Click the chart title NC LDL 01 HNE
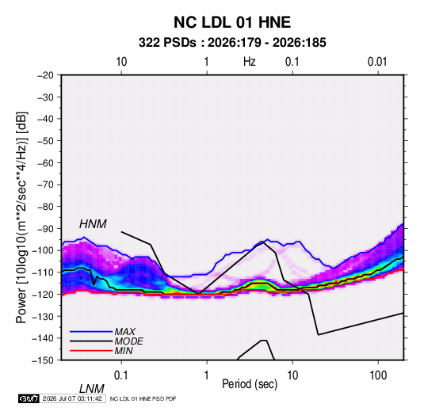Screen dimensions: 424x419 pyautogui.click(x=232, y=22)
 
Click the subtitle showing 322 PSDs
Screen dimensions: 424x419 pyautogui.click(x=232, y=43)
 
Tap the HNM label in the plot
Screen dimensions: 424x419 pyautogui.click(x=93, y=224)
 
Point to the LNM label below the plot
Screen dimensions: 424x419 pyautogui.click(x=91, y=389)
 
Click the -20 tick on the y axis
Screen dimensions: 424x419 pyautogui.click(x=45, y=75)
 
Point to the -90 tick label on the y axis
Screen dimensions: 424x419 pyautogui.click(x=45, y=228)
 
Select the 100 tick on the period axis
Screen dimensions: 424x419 pyautogui.click(x=378, y=375)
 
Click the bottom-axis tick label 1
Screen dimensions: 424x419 pyautogui.click(x=207, y=375)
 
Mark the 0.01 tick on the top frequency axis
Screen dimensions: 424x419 pyautogui.click(x=377, y=62)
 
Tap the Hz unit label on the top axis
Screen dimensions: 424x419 pyautogui.click(x=250, y=62)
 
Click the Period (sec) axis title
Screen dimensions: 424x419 pyautogui.click(x=250, y=384)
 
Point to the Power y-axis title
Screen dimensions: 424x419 pyautogui.click(x=21, y=217)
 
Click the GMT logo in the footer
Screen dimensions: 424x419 pyautogui.click(x=29, y=398)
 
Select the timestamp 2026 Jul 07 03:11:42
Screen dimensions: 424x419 pyautogui.click(x=72, y=398)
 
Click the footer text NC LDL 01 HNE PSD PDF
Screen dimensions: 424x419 pyautogui.click(x=143, y=398)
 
